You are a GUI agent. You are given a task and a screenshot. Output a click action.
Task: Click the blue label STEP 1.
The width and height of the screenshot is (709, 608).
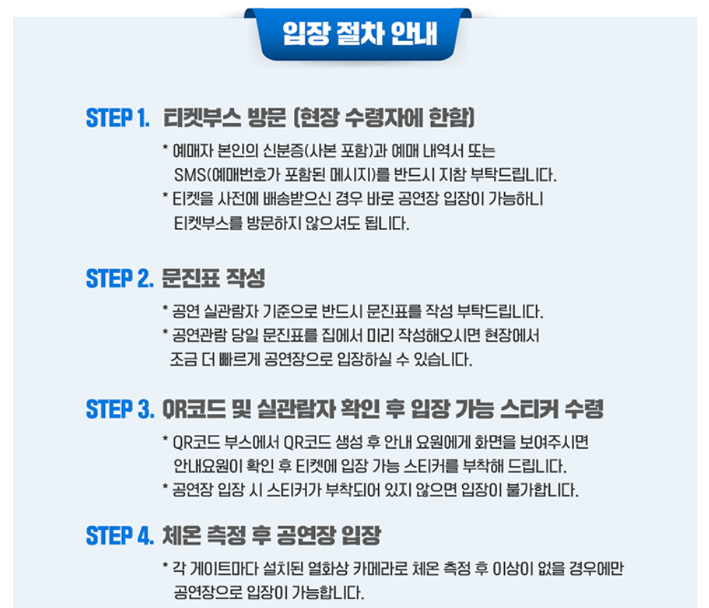(117, 118)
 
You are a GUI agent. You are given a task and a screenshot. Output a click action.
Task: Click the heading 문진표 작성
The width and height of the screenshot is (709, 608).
(214, 277)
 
